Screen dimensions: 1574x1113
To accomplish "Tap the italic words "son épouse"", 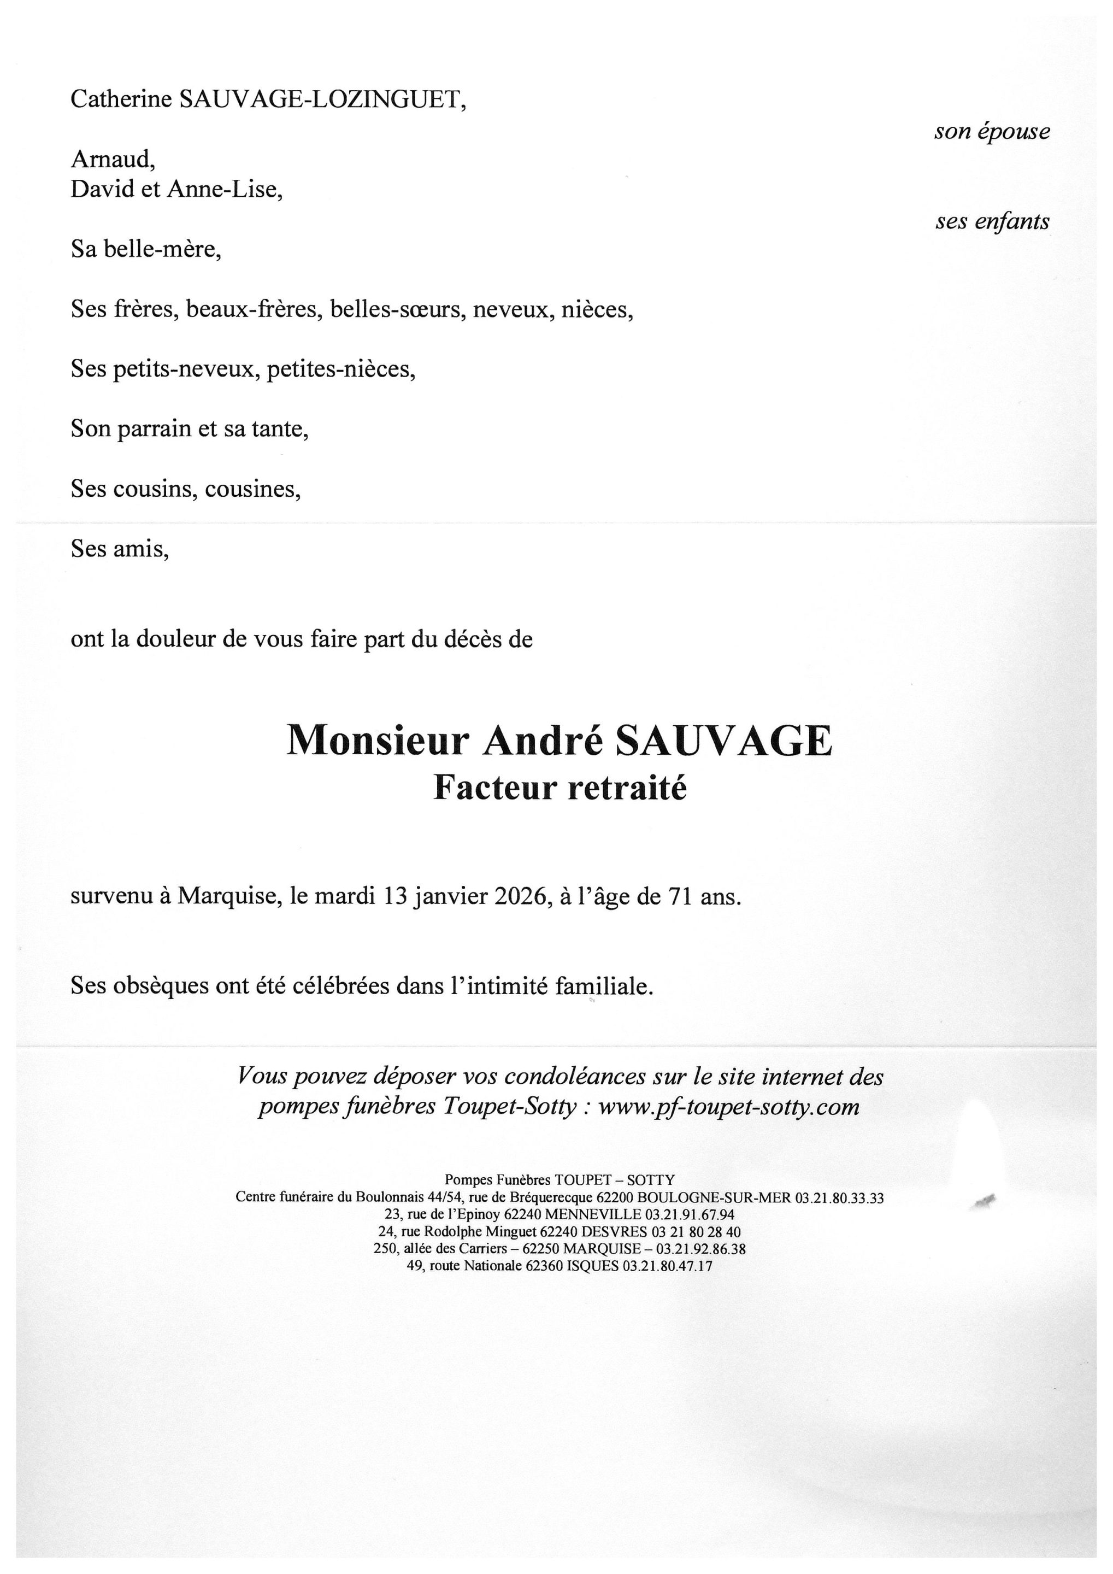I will [x=992, y=131].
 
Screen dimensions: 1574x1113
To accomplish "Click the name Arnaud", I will [x=113, y=160].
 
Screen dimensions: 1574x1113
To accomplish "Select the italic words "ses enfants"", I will [x=992, y=221].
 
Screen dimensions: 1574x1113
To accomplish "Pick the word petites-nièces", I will [x=340, y=369].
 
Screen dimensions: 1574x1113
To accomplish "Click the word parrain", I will [x=155, y=429].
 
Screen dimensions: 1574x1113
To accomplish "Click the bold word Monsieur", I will [x=378, y=741].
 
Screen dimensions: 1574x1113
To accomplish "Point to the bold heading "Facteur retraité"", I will [x=560, y=787].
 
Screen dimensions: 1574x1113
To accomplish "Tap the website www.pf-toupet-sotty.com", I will [x=728, y=1107].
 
